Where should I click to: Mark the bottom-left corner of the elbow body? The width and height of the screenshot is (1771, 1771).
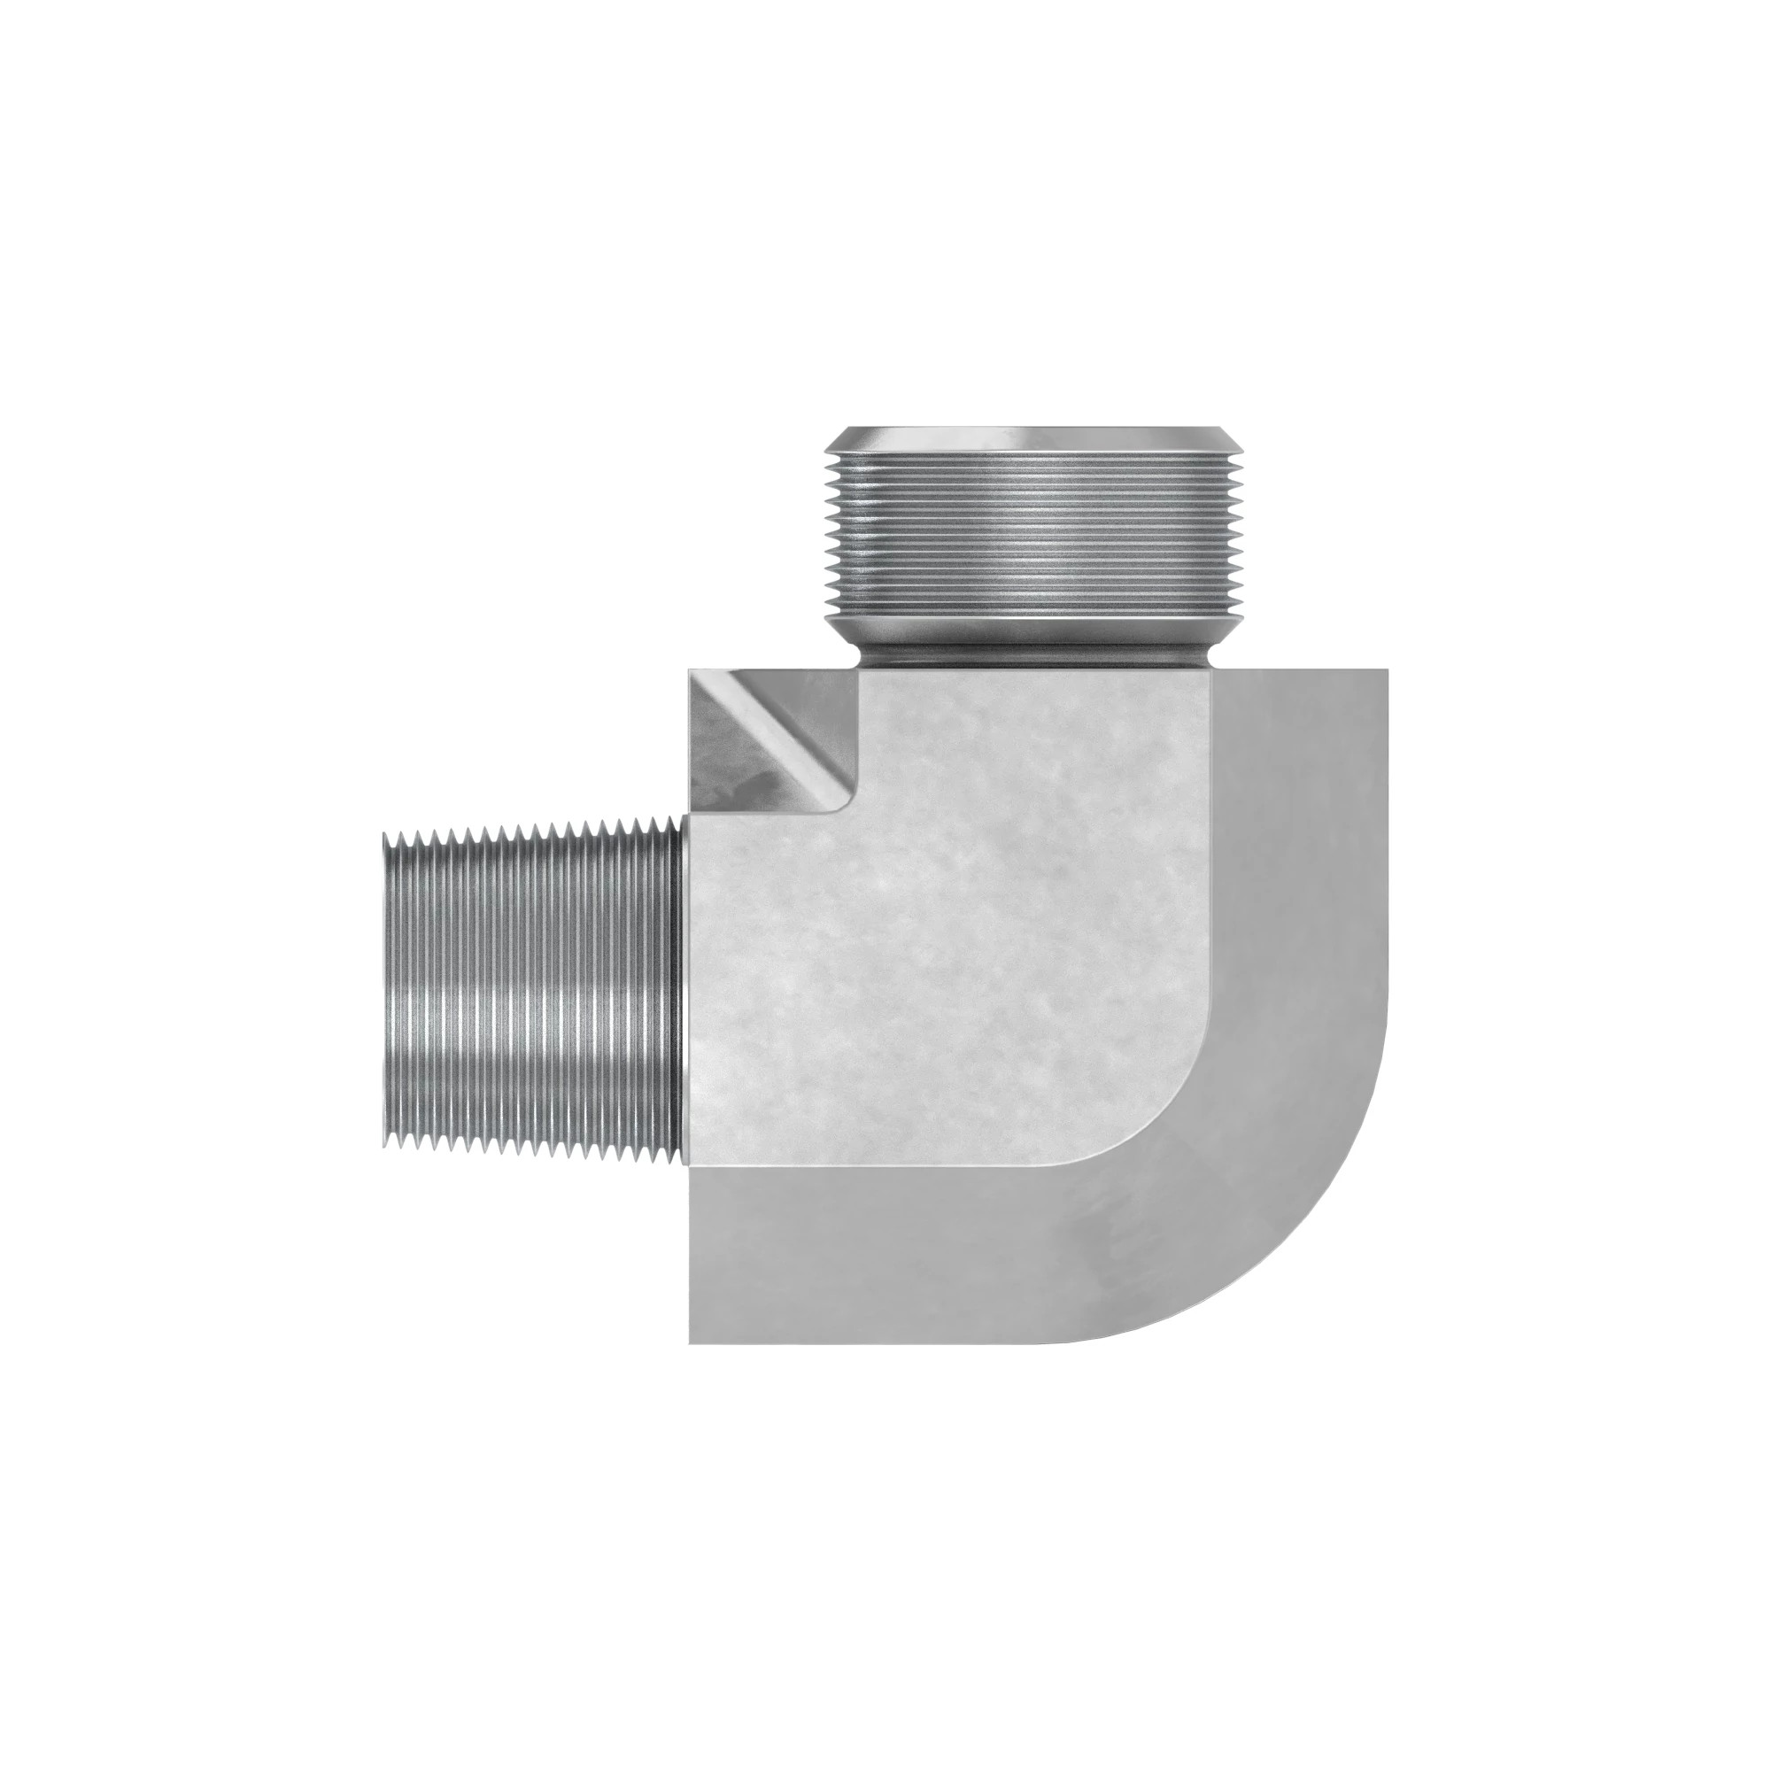click(x=692, y=1341)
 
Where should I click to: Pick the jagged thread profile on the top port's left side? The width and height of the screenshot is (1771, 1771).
click(x=831, y=541)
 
